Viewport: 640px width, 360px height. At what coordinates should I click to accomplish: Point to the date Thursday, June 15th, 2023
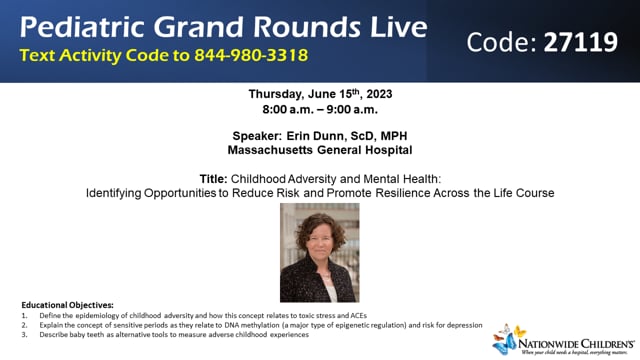point(319,94)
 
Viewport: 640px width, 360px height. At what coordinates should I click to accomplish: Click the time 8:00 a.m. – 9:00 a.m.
point(319,108)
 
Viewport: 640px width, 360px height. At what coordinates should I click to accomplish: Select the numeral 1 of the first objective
point(23,315)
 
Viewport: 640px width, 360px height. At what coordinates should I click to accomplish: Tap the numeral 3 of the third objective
point(23,335)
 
